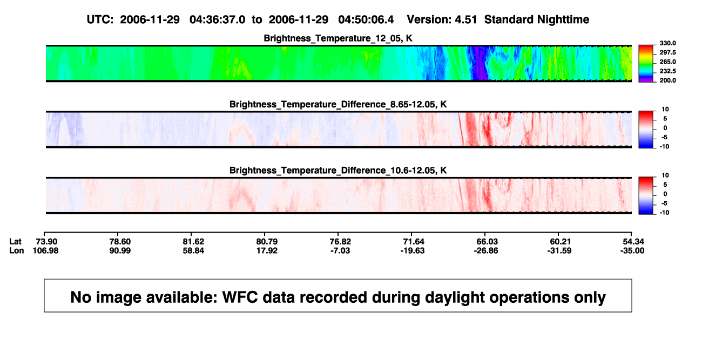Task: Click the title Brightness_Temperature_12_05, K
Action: pyautogui.click(x=338, y=38)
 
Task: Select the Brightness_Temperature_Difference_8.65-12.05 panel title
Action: pyautogui.click(x=338, y=104)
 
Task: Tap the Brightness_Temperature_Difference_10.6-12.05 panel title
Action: pyautogui.click(x=338, y=171)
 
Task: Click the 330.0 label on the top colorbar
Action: pyautogui.click(x=667, y=43)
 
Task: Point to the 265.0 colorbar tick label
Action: pyautogui.click(x=667, y=62)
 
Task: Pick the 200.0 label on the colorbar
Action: pyautogui.click(x=667, y=80)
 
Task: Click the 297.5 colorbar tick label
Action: pyautogui.click(x=667, y=52)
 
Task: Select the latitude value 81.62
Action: pyautogui.click(x=193, y=242)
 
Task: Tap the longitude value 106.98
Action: pyautogui.click(x=45, y=250)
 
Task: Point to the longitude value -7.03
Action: pyautogui.click(x=340, y=250)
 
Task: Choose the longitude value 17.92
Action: pyautogui.click(x=267, y=250)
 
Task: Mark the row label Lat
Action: pyautogui.click(x=15, y=242)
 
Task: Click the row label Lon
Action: pyautogui.click(x=16, y=250)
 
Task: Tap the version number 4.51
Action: pyautogui.click(x=465, y=20)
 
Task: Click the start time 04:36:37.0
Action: pyautogui.click(x=217, y=20)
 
